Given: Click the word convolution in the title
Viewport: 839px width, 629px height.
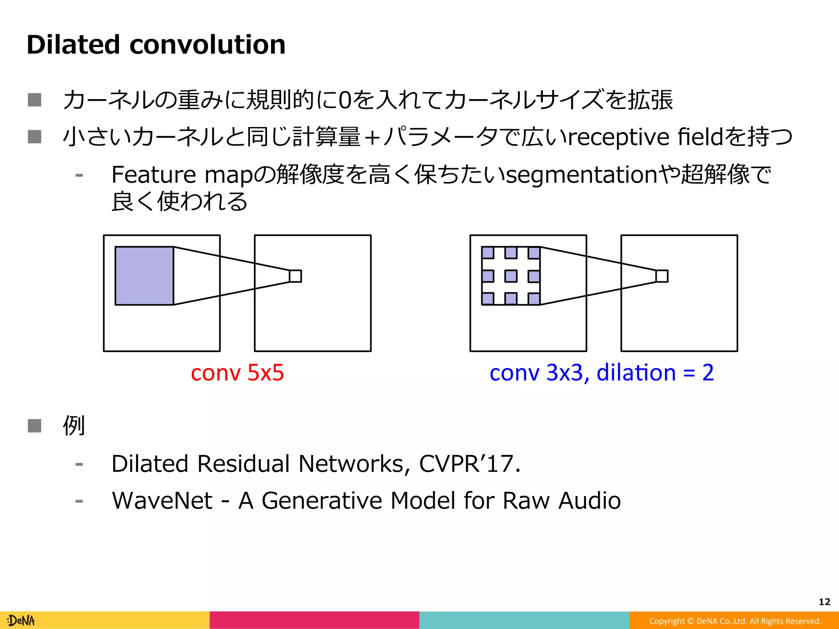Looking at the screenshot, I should pos(207,45).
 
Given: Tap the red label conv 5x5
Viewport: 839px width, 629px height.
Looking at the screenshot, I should pos(237,373).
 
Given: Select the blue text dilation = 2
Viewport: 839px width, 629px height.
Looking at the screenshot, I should pos(655,373).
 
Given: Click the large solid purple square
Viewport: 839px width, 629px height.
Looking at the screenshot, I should pos(144,276).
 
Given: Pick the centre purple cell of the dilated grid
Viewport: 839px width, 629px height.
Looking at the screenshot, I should pos(511,276).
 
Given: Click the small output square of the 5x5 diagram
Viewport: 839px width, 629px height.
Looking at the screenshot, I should pos(295,276).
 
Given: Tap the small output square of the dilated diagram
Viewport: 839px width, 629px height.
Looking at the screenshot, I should pos(662,276).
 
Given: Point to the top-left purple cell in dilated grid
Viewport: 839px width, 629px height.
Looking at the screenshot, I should pos(488,253).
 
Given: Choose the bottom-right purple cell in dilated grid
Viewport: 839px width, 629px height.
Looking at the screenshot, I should pos(534,299).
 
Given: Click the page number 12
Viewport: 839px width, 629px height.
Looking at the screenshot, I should pos(824,602).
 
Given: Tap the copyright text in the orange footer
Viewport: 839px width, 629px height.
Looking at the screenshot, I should pos(735,621).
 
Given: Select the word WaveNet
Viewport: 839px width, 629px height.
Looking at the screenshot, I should pos(162,500).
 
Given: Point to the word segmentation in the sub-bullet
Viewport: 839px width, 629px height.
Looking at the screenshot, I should pos(582,175).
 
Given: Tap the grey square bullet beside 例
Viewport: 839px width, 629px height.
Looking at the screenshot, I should pos(34,425).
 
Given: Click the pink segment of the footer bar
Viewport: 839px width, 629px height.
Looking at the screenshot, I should pos(314,620).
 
